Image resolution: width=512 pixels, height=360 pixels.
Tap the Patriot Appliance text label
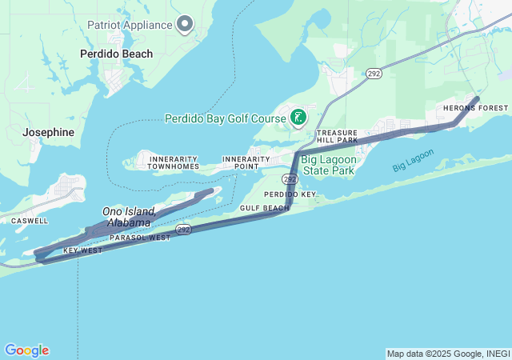coord(130,24)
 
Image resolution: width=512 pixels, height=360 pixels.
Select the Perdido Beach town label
coord(116,54)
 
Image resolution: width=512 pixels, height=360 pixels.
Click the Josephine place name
coord(48,132)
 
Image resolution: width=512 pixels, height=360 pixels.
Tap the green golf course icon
coord(298,118)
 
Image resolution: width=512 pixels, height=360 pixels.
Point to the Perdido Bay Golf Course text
coord(225,118)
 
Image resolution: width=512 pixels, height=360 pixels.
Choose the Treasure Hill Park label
coord(337,136)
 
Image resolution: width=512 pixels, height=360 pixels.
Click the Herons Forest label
coord(476,108)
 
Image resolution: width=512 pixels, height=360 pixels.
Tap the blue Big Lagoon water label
coord(413,159)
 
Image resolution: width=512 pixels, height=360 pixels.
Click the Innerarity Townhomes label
coord(174,162)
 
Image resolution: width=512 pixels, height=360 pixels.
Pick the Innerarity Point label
coord(246,162)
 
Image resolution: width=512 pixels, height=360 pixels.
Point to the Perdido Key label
coord(290,194)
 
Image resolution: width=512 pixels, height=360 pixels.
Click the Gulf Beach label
coord(264,208)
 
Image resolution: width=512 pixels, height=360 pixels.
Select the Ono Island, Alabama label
coord(128,217)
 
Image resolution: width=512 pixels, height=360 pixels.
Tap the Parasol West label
coord(139,238)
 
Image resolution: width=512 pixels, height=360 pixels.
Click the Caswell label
coord(29,220)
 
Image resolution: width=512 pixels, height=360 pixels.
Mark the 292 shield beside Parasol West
coord(184,230)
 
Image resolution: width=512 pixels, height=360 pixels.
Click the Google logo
coord(26,350)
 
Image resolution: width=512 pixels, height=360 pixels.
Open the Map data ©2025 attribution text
coord(447,354)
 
